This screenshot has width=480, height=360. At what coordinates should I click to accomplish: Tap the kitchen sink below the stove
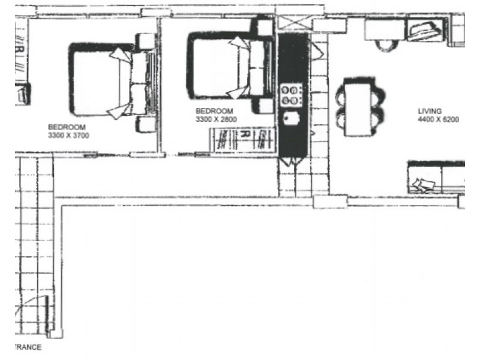point(292,119)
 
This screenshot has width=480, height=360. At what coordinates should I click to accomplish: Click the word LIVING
point(430,111)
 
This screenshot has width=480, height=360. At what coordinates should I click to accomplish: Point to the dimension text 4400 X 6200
point(438,119)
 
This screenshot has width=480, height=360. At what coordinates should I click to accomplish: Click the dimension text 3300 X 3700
point(68,136)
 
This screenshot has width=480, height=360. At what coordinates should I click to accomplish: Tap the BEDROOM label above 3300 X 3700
point(67,127)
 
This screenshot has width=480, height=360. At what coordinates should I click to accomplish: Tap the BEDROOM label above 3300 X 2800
point(214,111)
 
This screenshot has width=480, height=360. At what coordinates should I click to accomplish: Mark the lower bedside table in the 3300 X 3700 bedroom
point(146,124)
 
